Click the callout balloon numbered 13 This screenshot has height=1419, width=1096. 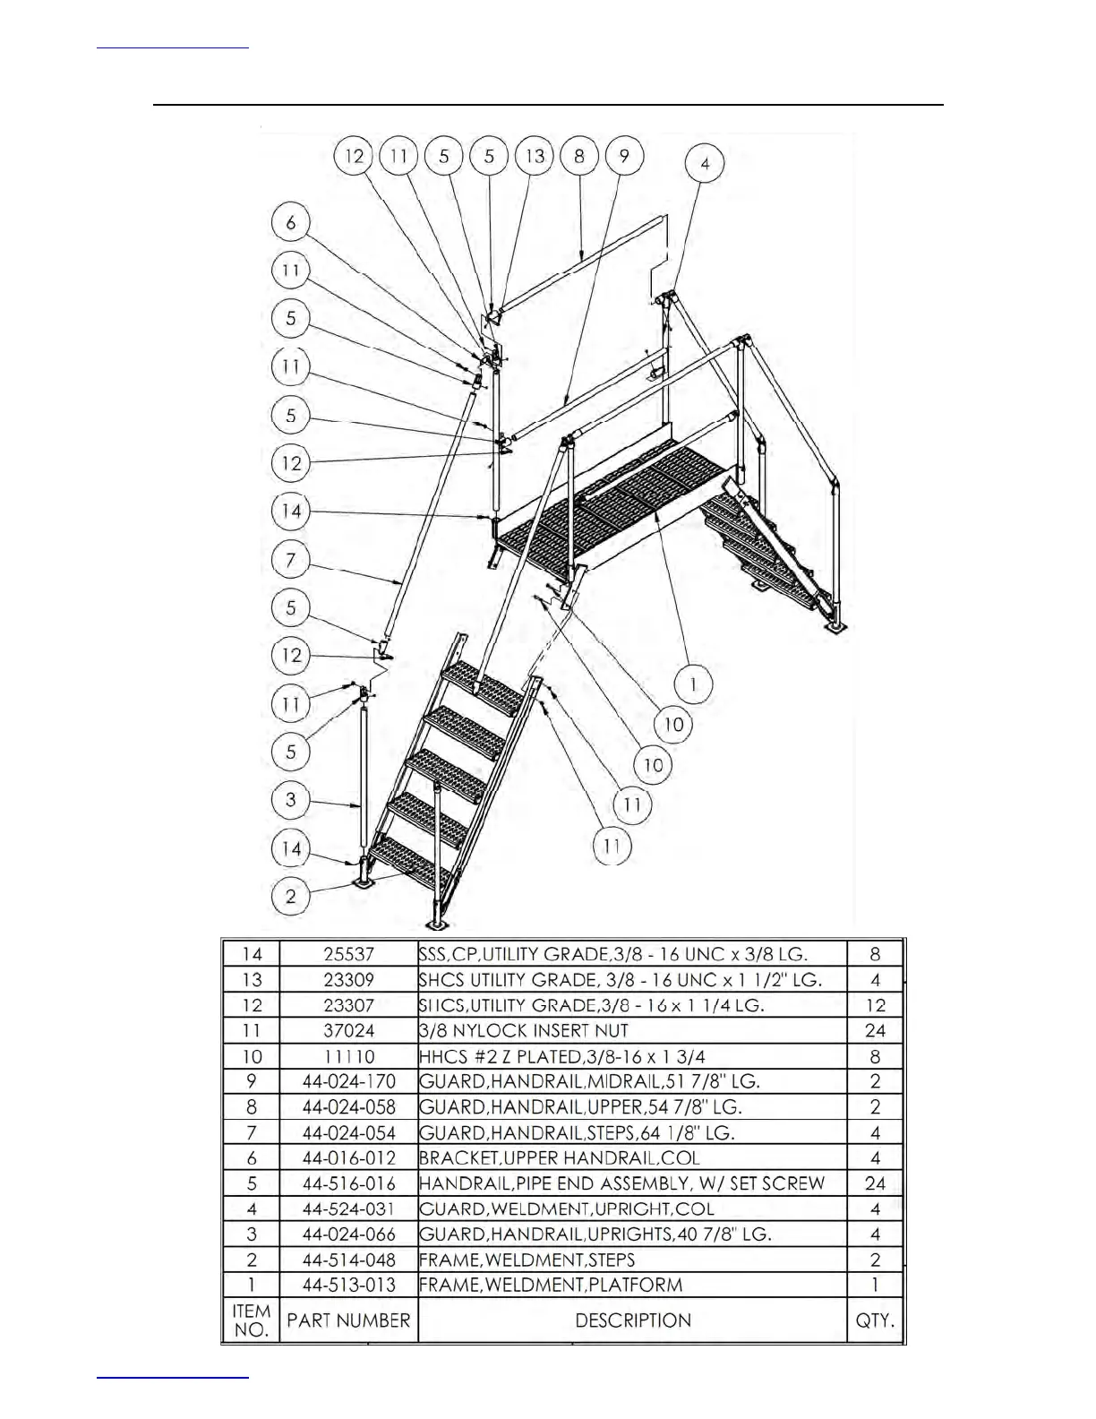pos(535,157)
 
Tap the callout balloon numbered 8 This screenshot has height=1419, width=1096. pos(579,157)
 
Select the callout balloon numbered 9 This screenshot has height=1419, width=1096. pos(624,157)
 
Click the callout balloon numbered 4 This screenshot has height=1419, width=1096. pos(706,163)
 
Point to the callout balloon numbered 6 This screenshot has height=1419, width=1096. pos(291,222)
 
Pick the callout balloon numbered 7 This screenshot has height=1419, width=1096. pos(291,561)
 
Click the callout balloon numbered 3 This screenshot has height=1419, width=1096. pos(291,799)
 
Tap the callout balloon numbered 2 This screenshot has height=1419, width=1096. pos(291,895)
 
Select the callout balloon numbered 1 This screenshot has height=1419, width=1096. pos(692,685)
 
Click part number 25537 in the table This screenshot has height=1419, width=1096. pos(348,954)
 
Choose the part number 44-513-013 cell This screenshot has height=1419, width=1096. pos(348,1285)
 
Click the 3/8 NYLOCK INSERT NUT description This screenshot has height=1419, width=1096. pos(524,1031)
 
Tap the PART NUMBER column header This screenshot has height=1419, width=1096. pos(348,1320)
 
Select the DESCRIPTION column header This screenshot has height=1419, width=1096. pos(633,1320)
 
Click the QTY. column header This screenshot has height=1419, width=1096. pos(875,1320)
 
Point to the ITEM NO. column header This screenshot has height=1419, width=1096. pos(252,1320)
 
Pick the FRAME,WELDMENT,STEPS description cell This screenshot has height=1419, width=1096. pos(527,1260)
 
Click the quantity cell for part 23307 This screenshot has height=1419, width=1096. pos(875,1005)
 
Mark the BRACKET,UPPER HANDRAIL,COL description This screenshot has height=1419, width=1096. pos(560,1157)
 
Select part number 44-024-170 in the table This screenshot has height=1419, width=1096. pos(348,1081)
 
